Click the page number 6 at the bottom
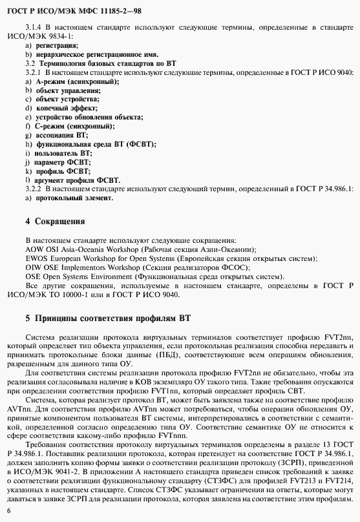pyautogui.click(x=8, y=510)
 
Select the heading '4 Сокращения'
pyautogui.click(x=55, y=222)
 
